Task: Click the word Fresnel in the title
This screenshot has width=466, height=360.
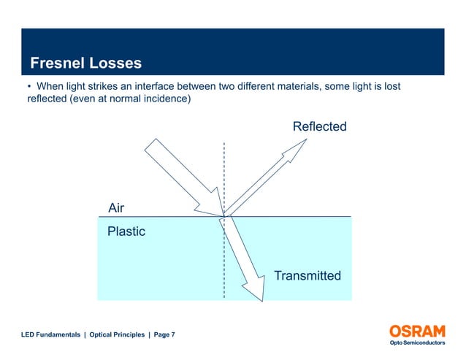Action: (58, 63)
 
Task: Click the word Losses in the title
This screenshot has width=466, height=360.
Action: (115, 63)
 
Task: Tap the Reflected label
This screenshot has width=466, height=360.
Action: (319, 127)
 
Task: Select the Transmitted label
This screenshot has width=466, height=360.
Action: (307, 275)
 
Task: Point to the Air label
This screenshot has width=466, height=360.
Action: (116, 208)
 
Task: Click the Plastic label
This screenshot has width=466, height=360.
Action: (126, 231)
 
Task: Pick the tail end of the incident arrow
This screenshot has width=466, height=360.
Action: (153, 144)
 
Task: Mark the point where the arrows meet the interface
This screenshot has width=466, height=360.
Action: (224, 215)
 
